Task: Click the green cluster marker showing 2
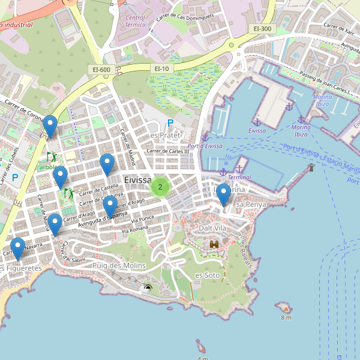(x=160, y=187)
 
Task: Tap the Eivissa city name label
(x=138, y=181)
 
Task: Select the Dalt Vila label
(x=212, y=229)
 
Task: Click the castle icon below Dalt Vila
(x=214, y=245)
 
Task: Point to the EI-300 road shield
(x=262, y=29)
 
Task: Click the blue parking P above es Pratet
(x=170, y=123)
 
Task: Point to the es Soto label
(x=207, y=275)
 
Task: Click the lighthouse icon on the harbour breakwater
(x=311, y=167)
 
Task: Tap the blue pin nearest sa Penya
(x=223, y=194)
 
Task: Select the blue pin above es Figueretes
(x=18, y=248)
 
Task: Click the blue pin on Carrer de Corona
(x=50, y=125)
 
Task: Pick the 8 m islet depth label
(x=286, y=317)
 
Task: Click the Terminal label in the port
(x=239, y=178)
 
